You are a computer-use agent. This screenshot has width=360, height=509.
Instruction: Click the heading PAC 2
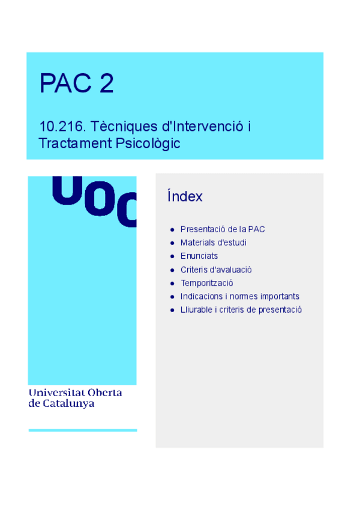[x=76, y=83]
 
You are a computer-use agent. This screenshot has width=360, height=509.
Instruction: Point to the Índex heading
[x=185, y=196]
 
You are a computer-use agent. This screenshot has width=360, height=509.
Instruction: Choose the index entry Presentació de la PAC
[x=223, y=229]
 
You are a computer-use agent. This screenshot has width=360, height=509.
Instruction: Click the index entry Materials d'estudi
[x=213, y=242]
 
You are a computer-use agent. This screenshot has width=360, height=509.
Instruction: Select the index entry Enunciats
[x=199, y=256]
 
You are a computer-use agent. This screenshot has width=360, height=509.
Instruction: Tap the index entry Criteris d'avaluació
[x=216, y=270]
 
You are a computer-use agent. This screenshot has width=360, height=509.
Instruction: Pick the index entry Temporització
[x=206, y=283]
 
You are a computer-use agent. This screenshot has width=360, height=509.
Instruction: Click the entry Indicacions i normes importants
[x=239, y=296]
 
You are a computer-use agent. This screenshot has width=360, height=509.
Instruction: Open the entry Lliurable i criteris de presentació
[x=241, y=310]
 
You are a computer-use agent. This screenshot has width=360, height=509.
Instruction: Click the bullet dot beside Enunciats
[x=172, y=256]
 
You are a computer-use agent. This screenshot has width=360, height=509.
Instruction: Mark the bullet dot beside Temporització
[x=172, y=283]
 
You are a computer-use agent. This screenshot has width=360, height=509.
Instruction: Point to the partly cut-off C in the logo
[x=128, y=210]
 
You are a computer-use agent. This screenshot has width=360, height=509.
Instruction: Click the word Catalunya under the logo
[x=68, y=404]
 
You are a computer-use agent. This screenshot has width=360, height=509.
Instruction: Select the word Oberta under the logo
[x=105, y=393]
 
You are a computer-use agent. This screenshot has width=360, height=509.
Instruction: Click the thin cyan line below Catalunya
[x=83, y=430]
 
